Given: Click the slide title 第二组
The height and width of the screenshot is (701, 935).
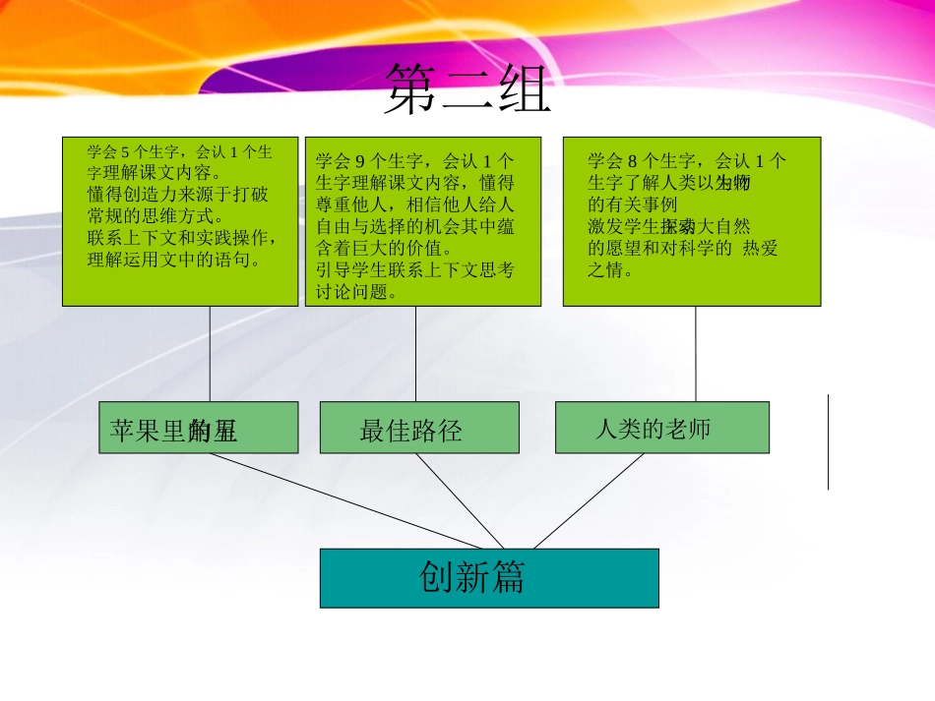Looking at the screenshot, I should tap(467, 89).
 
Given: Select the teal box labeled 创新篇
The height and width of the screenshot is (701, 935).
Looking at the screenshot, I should tap(489, 578).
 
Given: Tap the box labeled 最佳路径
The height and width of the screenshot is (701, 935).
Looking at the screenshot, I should tap(419, 429).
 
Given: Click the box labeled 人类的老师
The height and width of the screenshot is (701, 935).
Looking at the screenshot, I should tap(661, 429).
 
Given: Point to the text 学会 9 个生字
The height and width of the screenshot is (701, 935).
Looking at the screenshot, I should tap(364, 161).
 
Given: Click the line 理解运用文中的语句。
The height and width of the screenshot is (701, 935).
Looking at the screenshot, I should tap(174, 261).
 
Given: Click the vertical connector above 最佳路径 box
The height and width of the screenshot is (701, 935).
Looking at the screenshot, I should tap(415, 355).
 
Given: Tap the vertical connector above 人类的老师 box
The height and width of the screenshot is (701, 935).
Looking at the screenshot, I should tap(696, 354).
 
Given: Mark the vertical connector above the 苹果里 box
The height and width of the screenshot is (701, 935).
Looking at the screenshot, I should tap(210, 354).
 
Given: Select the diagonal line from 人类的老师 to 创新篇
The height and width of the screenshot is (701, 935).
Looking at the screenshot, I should tap(589, 501).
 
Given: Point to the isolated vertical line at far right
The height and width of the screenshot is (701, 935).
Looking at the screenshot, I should tap(828, 442).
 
